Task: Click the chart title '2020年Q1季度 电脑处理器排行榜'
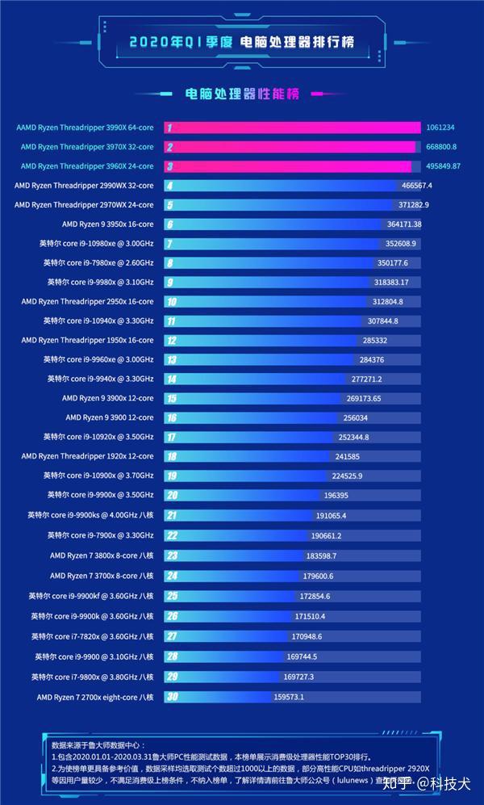click(x=241, y=42)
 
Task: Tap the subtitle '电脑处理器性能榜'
click(x=242, y=94)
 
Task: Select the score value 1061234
click(x=440, y=128)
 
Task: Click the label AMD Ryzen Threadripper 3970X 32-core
click(x=86, y=147)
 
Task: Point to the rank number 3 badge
click(x=169, y=166)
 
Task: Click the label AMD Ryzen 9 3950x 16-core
click(x=107, y=224)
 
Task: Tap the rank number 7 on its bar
click(x=169, y=243)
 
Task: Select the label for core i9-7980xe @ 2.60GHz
click(x=98, y=263)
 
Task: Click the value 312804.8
click(x=386, y=301)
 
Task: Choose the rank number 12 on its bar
click(x=171, y=340)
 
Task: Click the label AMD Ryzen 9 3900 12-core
click(x=109, y=417)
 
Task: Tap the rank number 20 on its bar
click(x=172, y=495)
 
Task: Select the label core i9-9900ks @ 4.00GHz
click(x=90, y=515)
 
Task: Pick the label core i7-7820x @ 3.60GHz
click(x=92, y=636)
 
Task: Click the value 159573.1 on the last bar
click(x=289, y=697)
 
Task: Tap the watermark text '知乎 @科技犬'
click(x=427, y=784)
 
